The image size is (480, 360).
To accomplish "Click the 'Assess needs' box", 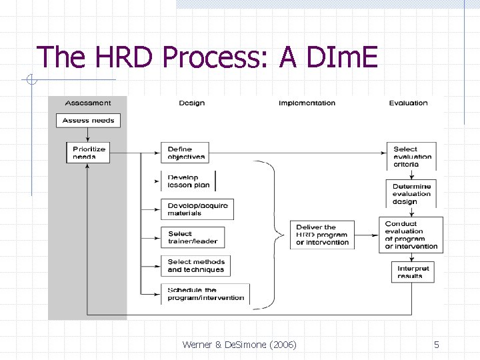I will [x=88, y=121].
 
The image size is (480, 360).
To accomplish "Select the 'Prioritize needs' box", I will [x=88, y=153].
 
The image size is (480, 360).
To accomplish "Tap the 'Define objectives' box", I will [x=185, y=153].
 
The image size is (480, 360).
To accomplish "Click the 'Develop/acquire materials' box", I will [x=197, y=209].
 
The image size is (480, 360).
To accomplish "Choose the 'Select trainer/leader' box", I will [x=192, y=237].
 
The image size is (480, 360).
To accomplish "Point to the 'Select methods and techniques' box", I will [x=196, y=265].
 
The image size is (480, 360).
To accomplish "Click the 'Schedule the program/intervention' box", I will [x=205, y=294].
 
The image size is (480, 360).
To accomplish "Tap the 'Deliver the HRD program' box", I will [x=322, y=235].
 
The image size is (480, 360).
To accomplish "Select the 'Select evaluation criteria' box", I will [x=412, y=157].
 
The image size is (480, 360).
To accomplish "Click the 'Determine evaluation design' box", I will [x=411, y=194].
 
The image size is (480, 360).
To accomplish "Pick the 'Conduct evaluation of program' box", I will [x=411, y=235].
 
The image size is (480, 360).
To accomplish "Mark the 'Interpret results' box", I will [x=413, y=272].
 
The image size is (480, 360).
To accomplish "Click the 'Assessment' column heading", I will [x=88, y=103].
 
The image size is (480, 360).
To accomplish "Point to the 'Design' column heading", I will [x=191, y=103].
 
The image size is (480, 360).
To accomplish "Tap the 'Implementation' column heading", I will [x=307, y=103].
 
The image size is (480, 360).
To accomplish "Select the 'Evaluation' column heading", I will [x=408, y=103].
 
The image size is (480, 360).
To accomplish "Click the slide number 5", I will [x=436, y=345].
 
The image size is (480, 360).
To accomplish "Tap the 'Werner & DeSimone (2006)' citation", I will [x=239, y=345].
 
